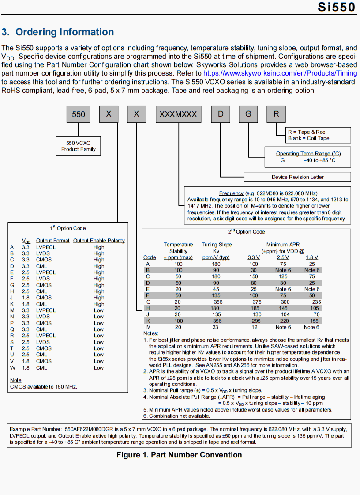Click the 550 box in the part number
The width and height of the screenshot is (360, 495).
click(x=78, y=114)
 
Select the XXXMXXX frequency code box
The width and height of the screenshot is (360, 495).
click(x=178, y=114)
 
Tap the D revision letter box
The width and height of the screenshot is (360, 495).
click(x=221, y=114)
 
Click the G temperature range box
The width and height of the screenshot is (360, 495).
click(x=248, y=114)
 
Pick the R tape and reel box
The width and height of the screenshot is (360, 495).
click(x=276, y=114)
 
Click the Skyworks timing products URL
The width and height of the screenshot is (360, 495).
click(x=280, y=73)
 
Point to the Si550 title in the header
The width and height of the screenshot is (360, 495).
click(x=336, y=8)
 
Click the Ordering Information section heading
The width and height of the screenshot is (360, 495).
click(x=58, y=32)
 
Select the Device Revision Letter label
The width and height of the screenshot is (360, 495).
click(x=297, y=177)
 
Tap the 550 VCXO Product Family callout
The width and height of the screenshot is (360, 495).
click(x=79, y=146)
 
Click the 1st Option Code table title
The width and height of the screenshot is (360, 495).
click(x=67, y=228)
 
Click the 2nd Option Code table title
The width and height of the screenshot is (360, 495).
click(x=246, y=232)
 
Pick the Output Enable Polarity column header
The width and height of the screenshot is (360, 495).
click(x=99, y=241)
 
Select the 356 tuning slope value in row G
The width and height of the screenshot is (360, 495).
click(x=218, y=302)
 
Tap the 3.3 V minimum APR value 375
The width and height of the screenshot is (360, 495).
click(x=257, y=302)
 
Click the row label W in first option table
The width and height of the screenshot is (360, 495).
click(x=12, y=367)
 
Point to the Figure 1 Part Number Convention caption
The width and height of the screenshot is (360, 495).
click(x=179, y=455)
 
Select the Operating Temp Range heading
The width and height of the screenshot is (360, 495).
click(x=308, y=154)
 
